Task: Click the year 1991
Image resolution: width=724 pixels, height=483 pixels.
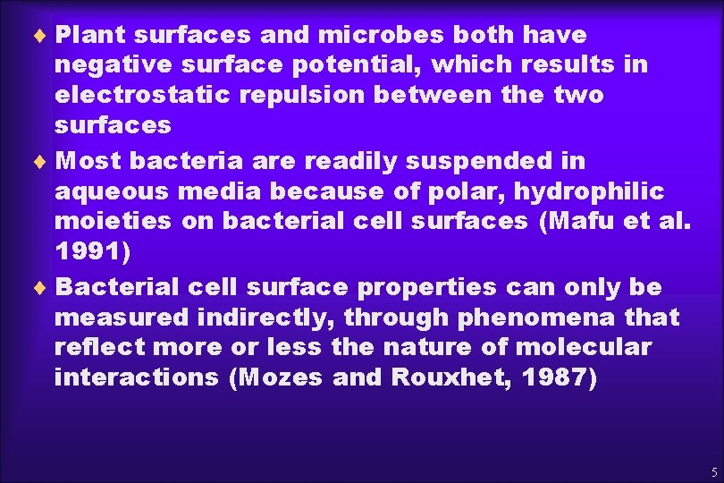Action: [x=88, y=251]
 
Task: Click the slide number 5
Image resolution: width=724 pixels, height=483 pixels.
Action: [x=713, y=471]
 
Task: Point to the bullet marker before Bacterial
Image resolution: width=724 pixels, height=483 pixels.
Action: [x=45, y=288]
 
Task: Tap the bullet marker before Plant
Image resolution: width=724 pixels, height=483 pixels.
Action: [x=45, y=36]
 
